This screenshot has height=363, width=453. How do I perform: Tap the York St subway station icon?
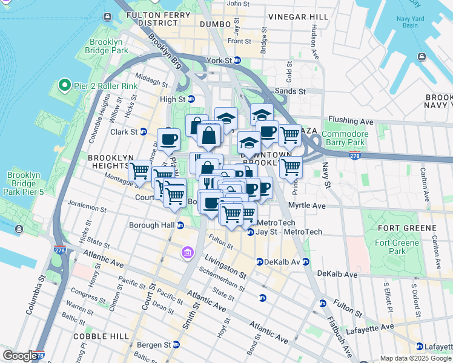[x=237, y=60]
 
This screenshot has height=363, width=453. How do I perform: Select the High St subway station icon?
[x=191, y=99]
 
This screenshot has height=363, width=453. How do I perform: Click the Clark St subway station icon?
[x=144, y=131]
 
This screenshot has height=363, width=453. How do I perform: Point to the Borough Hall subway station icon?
[x=180, y=226]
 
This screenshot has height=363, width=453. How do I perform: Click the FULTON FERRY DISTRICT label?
[x=148, y=18]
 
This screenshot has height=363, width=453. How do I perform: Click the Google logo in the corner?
[x=19, y=356]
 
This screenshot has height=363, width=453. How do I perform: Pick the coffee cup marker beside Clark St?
[x=168, y=140]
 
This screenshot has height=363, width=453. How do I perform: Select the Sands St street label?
[x=291, y=91]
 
